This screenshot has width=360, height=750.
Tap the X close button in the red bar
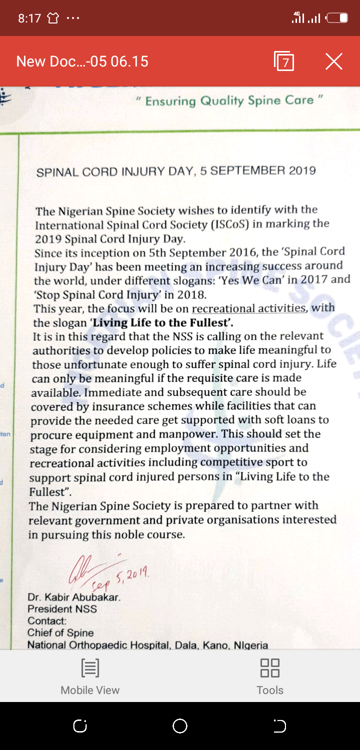tap(333, 61)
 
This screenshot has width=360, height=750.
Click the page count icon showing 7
tap(284, 61)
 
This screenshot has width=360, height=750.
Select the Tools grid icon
tap(270, 667)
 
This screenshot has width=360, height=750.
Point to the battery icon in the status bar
tap(337, 18)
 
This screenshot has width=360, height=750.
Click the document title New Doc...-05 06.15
tap(82, 61)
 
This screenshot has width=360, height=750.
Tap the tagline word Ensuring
tap(170, 101)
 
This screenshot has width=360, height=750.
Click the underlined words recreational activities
tap(248, 308)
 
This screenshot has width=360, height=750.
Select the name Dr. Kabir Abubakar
tap(74, 597)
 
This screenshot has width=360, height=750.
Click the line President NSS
tap(62, 609)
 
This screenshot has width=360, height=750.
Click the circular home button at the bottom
tap(179, 726)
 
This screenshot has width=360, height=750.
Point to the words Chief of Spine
tap(60, 633)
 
